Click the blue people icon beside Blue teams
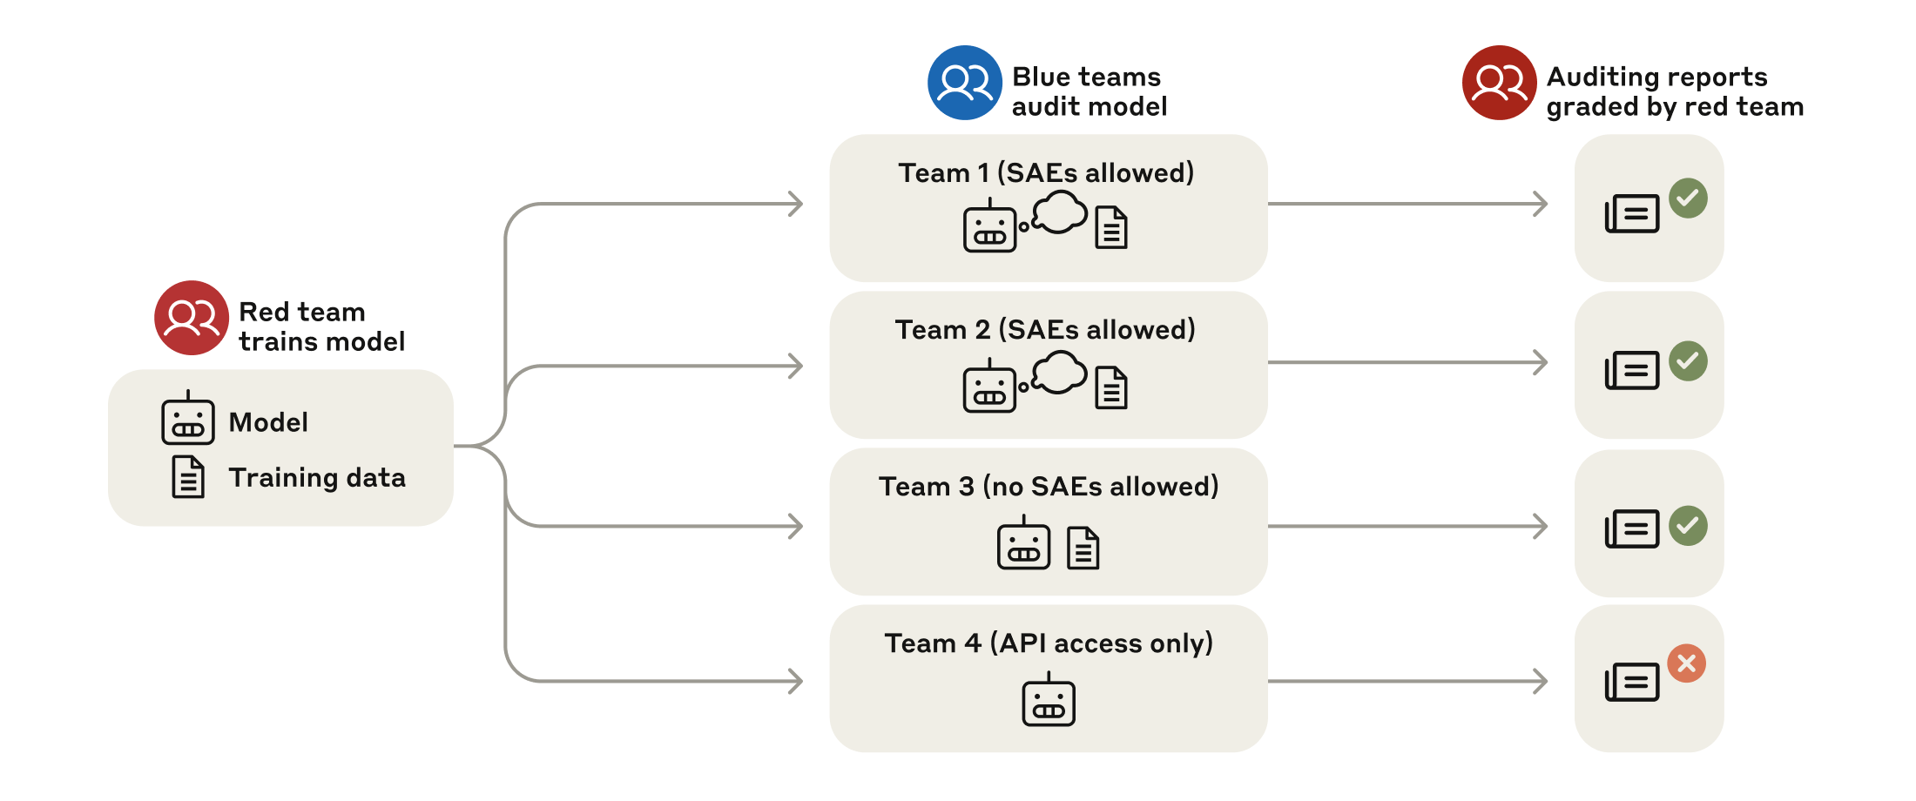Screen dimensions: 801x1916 click(964, 83)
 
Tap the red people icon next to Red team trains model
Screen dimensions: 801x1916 click(192, 318)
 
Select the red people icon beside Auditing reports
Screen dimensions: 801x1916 click(1499, 83)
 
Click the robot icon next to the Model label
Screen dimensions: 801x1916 click(188, 420)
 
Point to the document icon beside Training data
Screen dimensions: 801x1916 click(188, 477)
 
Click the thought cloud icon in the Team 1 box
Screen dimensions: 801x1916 click(1060, 212)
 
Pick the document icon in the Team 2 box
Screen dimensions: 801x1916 click(1111, 388)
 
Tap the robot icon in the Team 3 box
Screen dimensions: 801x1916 click(1023, 544)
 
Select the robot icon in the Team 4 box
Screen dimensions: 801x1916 click(1049, 701)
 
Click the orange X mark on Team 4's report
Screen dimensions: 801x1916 click(1687, 663)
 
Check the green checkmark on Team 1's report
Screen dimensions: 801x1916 click(1688, 198)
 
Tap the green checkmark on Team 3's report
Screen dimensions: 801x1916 click(1688, 526)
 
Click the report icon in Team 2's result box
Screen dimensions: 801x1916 click(1632, 370)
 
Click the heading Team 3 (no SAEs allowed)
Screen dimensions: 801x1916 click(1049, 486)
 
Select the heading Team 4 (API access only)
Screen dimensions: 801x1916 click(1049, 643)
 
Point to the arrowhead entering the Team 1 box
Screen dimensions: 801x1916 click(796, 204)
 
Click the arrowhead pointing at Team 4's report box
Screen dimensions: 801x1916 click(1541, 681)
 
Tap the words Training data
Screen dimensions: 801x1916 click(317, 477)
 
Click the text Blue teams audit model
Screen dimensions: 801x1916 click(1089, 91)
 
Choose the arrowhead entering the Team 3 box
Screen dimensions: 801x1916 click(796, 526)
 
